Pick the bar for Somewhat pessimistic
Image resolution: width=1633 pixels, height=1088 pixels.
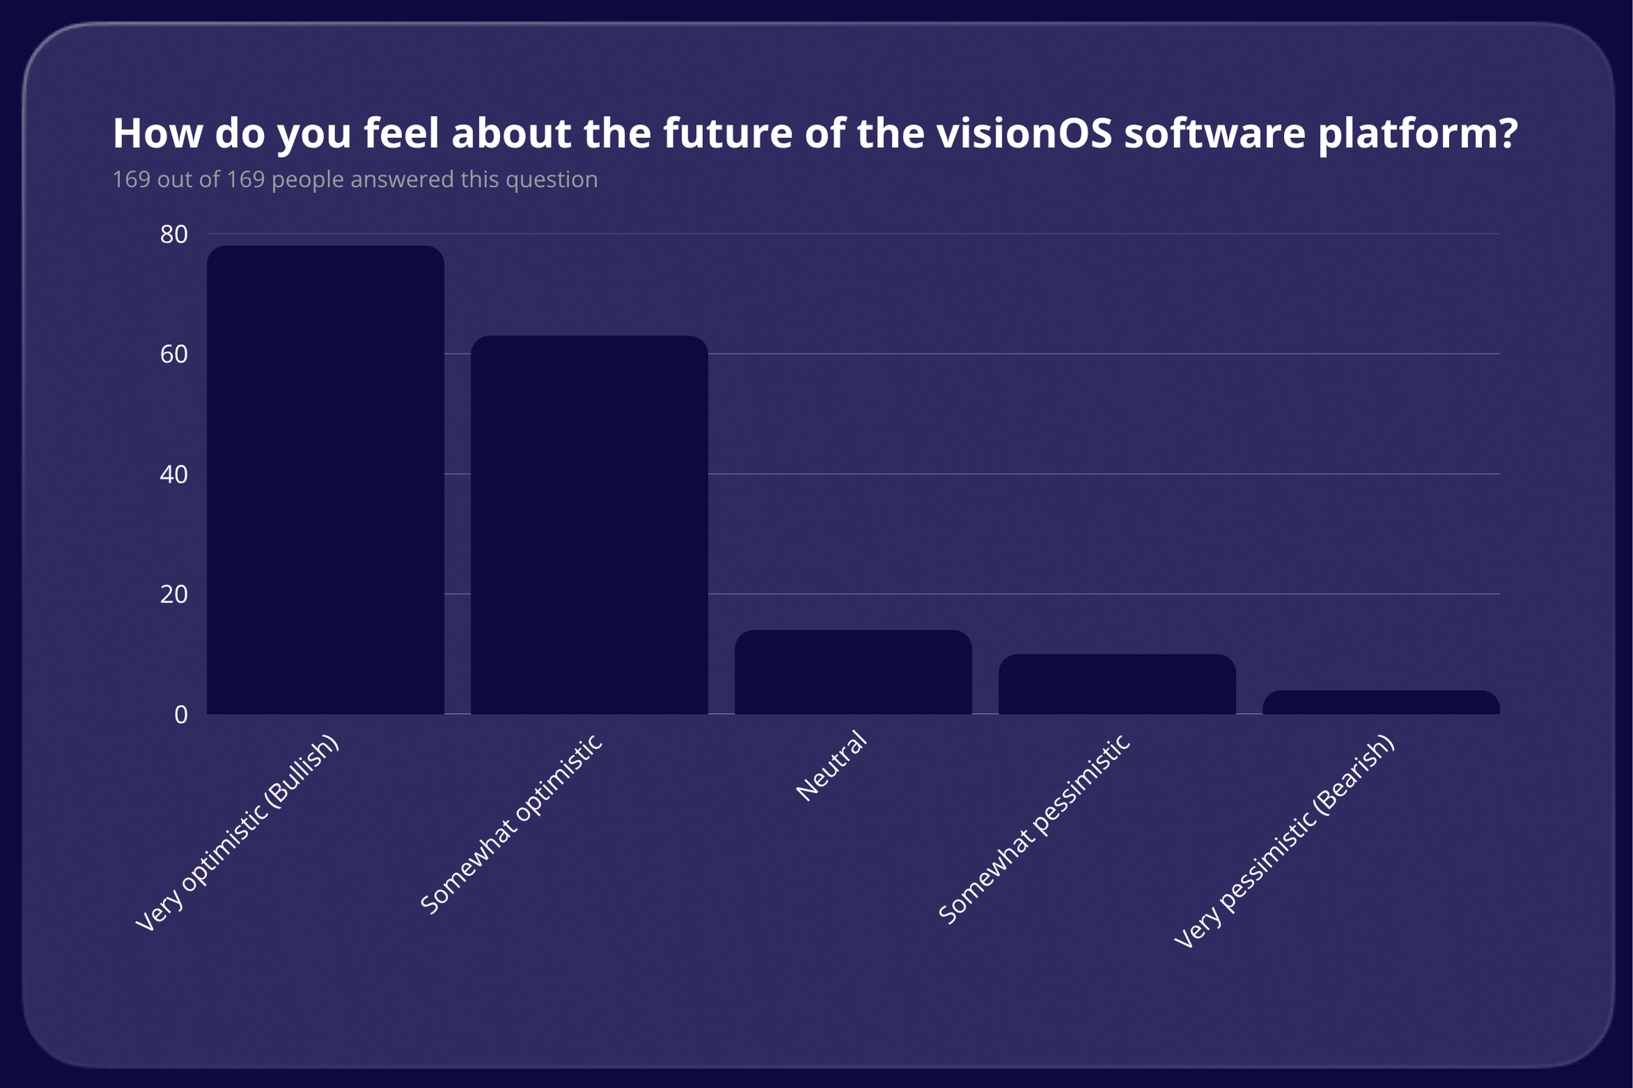(1117, 684)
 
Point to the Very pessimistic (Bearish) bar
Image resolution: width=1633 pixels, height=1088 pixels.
(1381, 702)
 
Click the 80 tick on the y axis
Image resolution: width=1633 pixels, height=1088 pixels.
(173, 234)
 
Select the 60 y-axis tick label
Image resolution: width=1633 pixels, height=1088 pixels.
(173, 355)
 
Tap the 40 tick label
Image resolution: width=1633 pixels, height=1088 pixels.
(173, 474)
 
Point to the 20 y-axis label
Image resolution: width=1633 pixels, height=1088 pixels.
(173, 594)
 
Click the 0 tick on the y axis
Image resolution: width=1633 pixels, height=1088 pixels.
(181, 715)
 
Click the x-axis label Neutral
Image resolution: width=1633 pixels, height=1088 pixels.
(832, 766)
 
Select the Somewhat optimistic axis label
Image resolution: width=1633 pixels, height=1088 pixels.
(512, 825)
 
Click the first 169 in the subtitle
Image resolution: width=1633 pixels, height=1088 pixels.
(131, 180)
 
